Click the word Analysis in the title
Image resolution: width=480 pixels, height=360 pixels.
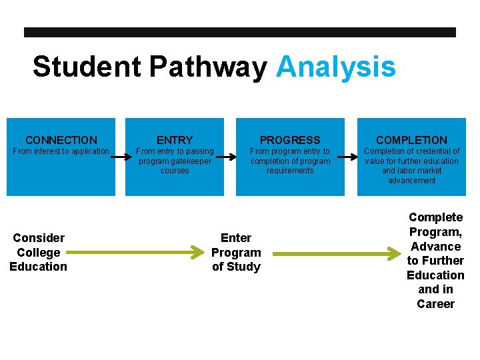pos(335,67)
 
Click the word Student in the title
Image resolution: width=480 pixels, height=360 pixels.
pos(87,67)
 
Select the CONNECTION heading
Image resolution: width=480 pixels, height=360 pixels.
pos(61,140)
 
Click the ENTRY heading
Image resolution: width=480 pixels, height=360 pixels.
pos(175,140)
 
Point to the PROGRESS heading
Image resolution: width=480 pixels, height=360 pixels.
pos(290,140)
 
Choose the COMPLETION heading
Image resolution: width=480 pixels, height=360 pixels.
pos(411,140)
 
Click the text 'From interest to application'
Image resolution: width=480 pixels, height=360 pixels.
pos(61,151)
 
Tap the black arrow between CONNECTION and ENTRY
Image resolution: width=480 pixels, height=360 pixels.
pos(120,158)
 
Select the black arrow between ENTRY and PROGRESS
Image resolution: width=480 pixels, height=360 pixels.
pos(227,158)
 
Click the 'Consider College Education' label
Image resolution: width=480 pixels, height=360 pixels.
pos(38,253)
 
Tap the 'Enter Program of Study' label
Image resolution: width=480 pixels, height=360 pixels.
pos(236,253)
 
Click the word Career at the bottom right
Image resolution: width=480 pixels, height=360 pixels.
pos(435,304)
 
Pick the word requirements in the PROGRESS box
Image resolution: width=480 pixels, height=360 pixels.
pos(290,171)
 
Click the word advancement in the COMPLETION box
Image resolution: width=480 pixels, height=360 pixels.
pos(411,181)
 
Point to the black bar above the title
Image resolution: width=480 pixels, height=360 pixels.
pos(240,32)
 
